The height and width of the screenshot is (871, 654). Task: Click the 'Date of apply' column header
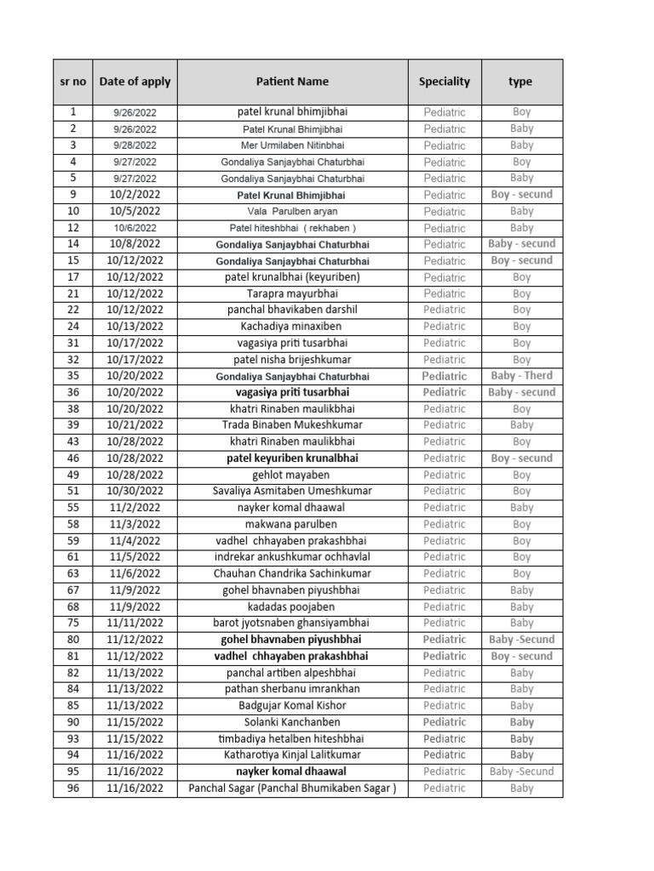click(x=135, y=82)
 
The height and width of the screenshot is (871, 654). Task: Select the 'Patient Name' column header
click(x=292, y=82)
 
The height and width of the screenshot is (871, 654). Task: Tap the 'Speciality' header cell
click(x=444, y=82)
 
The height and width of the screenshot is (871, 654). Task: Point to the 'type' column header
click(x=520, y=82)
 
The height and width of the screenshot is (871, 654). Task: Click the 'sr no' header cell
click(x=73, y=82)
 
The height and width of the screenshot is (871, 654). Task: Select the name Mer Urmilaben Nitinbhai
click(x=292, y=145)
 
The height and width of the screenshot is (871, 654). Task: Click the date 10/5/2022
click(x=135, y=211)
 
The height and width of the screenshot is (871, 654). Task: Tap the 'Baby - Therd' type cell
click(x=522, y=376)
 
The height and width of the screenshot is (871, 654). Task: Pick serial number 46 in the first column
click(x=73, y=458)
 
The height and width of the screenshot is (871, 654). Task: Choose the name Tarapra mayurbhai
click(x=292, y=293)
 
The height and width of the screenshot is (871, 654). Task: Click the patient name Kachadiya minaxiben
click(x=292, y=327)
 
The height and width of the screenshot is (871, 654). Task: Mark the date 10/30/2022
click(x=135, y=491)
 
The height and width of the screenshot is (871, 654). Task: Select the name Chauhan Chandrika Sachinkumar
click(x=292, y=573)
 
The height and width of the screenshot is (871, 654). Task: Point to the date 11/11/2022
click(x=135, y=623)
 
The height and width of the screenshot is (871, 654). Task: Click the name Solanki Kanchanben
click(x=292, y=722)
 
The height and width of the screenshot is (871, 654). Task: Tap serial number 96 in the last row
click(x=73, y=788)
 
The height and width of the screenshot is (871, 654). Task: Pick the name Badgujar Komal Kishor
click(x=292, y=705)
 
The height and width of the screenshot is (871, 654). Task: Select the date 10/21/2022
click(x=135, y=425)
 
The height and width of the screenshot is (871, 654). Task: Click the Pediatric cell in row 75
click(x=445, y=623)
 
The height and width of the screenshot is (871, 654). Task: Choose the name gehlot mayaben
click(x=292, y=475)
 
